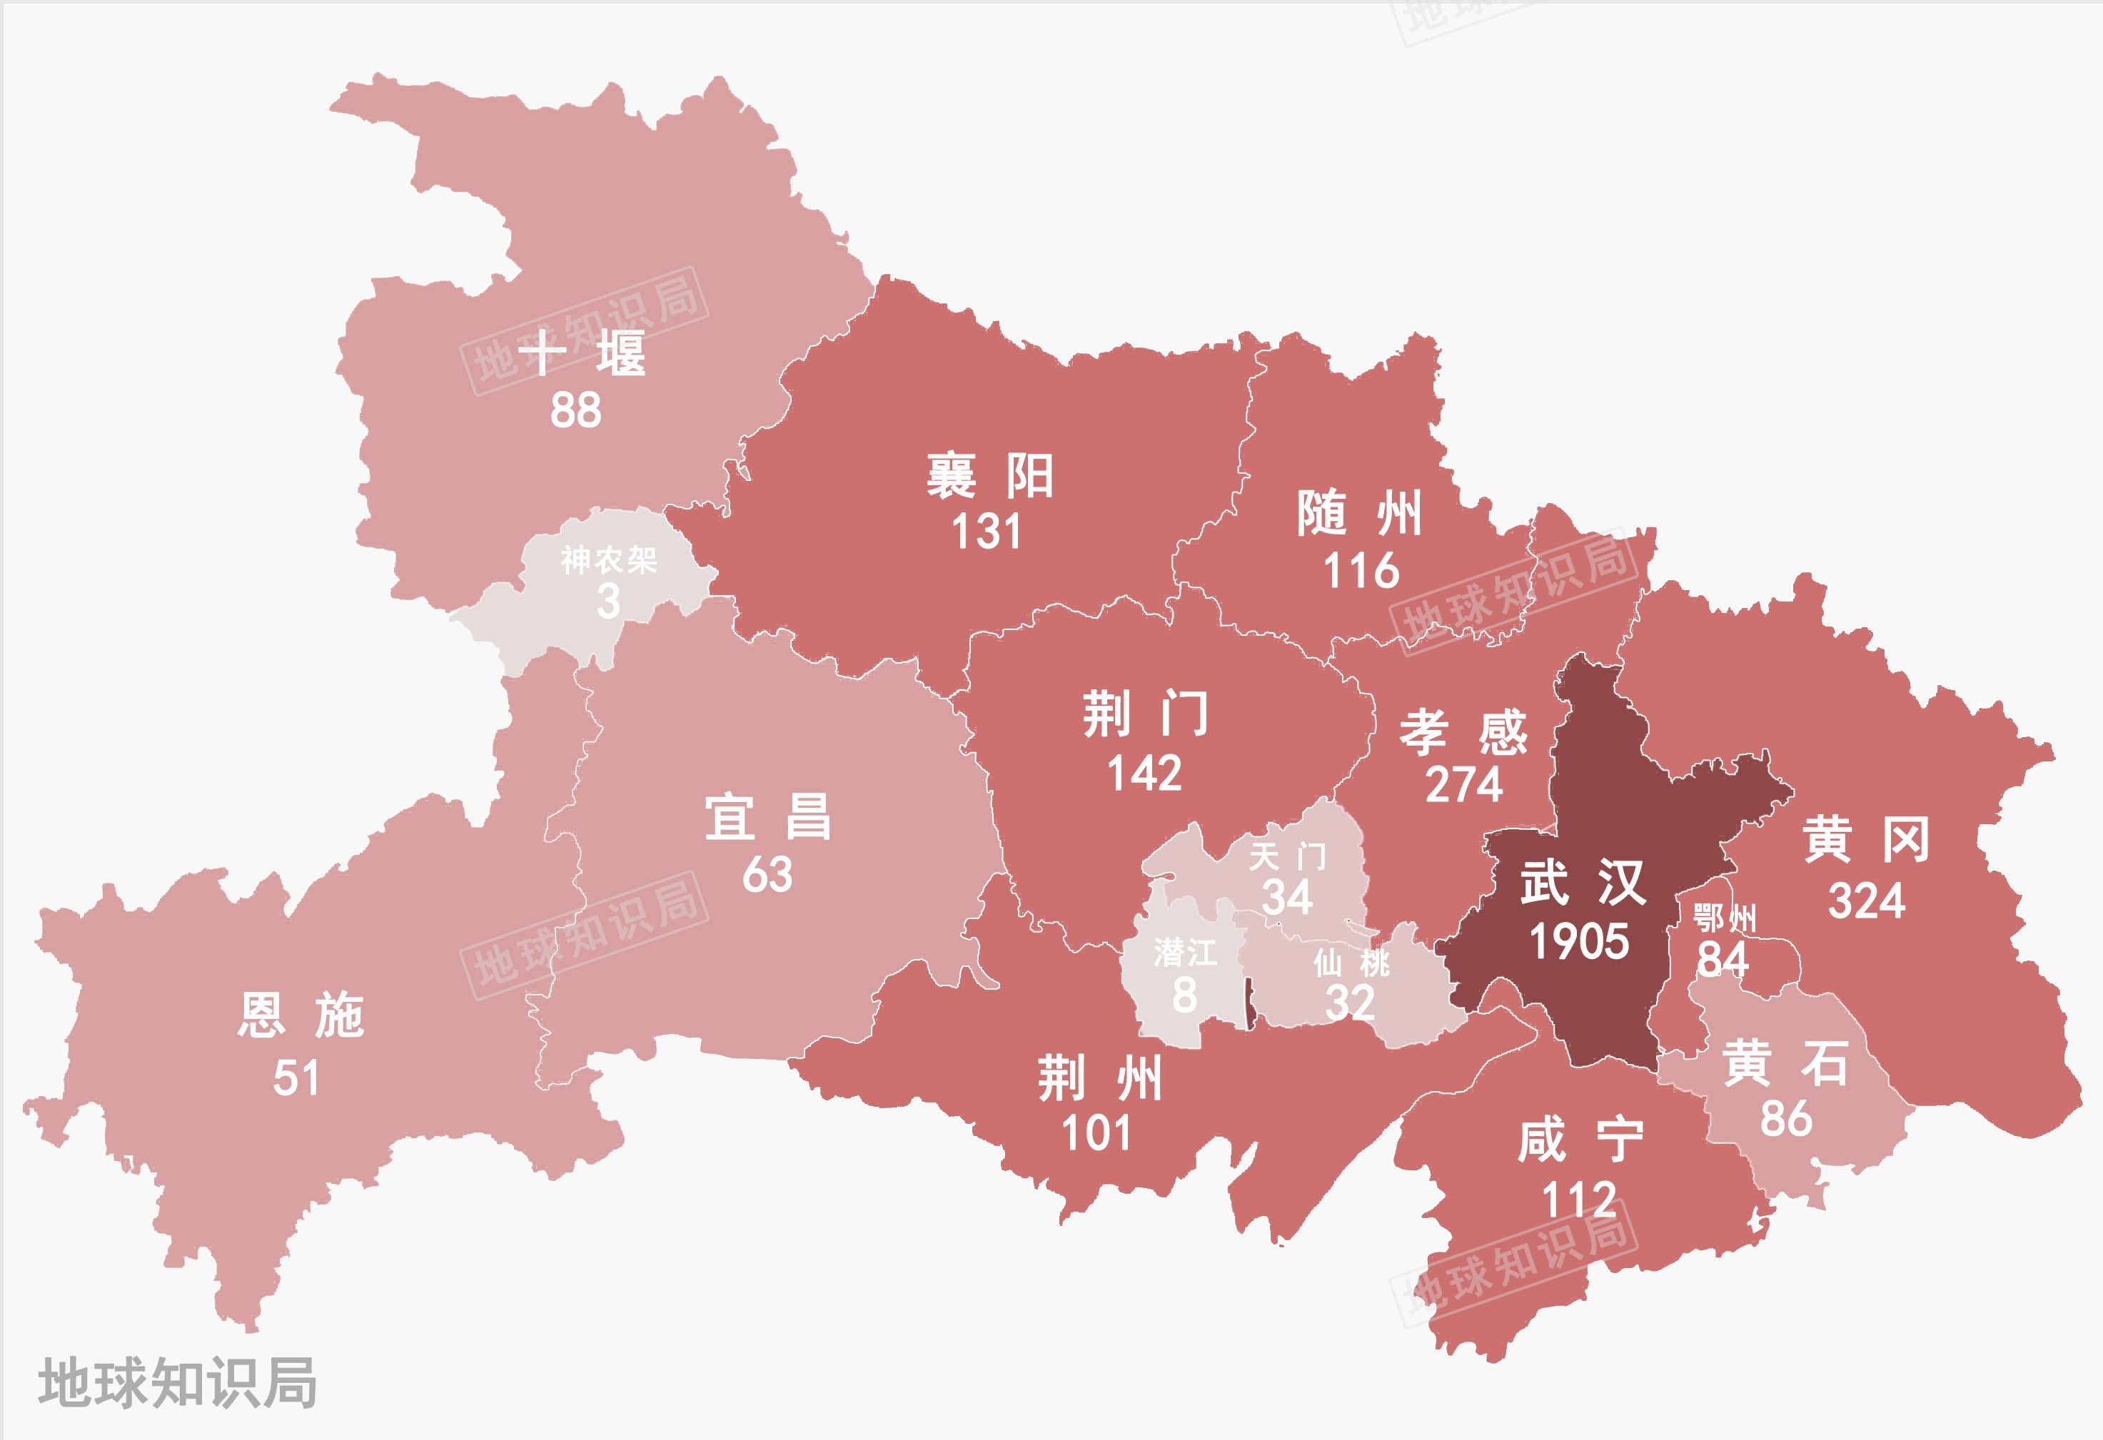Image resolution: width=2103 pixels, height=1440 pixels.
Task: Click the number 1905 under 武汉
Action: pos(1579,942)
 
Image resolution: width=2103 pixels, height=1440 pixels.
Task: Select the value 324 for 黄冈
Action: pos(1866,901)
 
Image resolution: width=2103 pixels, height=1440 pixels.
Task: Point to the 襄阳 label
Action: pos(990,476)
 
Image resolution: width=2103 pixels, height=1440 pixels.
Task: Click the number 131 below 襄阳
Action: pos(987,532)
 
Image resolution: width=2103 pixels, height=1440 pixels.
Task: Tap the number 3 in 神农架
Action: pos(608,602)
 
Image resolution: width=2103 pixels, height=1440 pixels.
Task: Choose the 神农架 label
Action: pos(608,560)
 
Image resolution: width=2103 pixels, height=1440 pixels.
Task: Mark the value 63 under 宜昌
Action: pos(767,875)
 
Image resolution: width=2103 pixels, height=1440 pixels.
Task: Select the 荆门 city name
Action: pos(1146,714)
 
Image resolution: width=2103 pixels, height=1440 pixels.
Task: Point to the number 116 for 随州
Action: pos(1361,572)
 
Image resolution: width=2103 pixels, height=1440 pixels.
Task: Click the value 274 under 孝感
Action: pos(1463,784)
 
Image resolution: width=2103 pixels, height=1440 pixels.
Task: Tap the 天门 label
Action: pos(1287,856)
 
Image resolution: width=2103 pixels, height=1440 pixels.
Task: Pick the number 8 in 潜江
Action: pos(1184,995)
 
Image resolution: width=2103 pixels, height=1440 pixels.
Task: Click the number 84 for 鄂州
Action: pos(1722,960)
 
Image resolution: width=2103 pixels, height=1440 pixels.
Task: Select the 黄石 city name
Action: pos(1785,1063)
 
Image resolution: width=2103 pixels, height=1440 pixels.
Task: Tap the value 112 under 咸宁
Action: pos(1579,1200)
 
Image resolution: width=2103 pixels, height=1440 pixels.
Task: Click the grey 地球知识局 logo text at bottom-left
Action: pos(177,1382)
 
